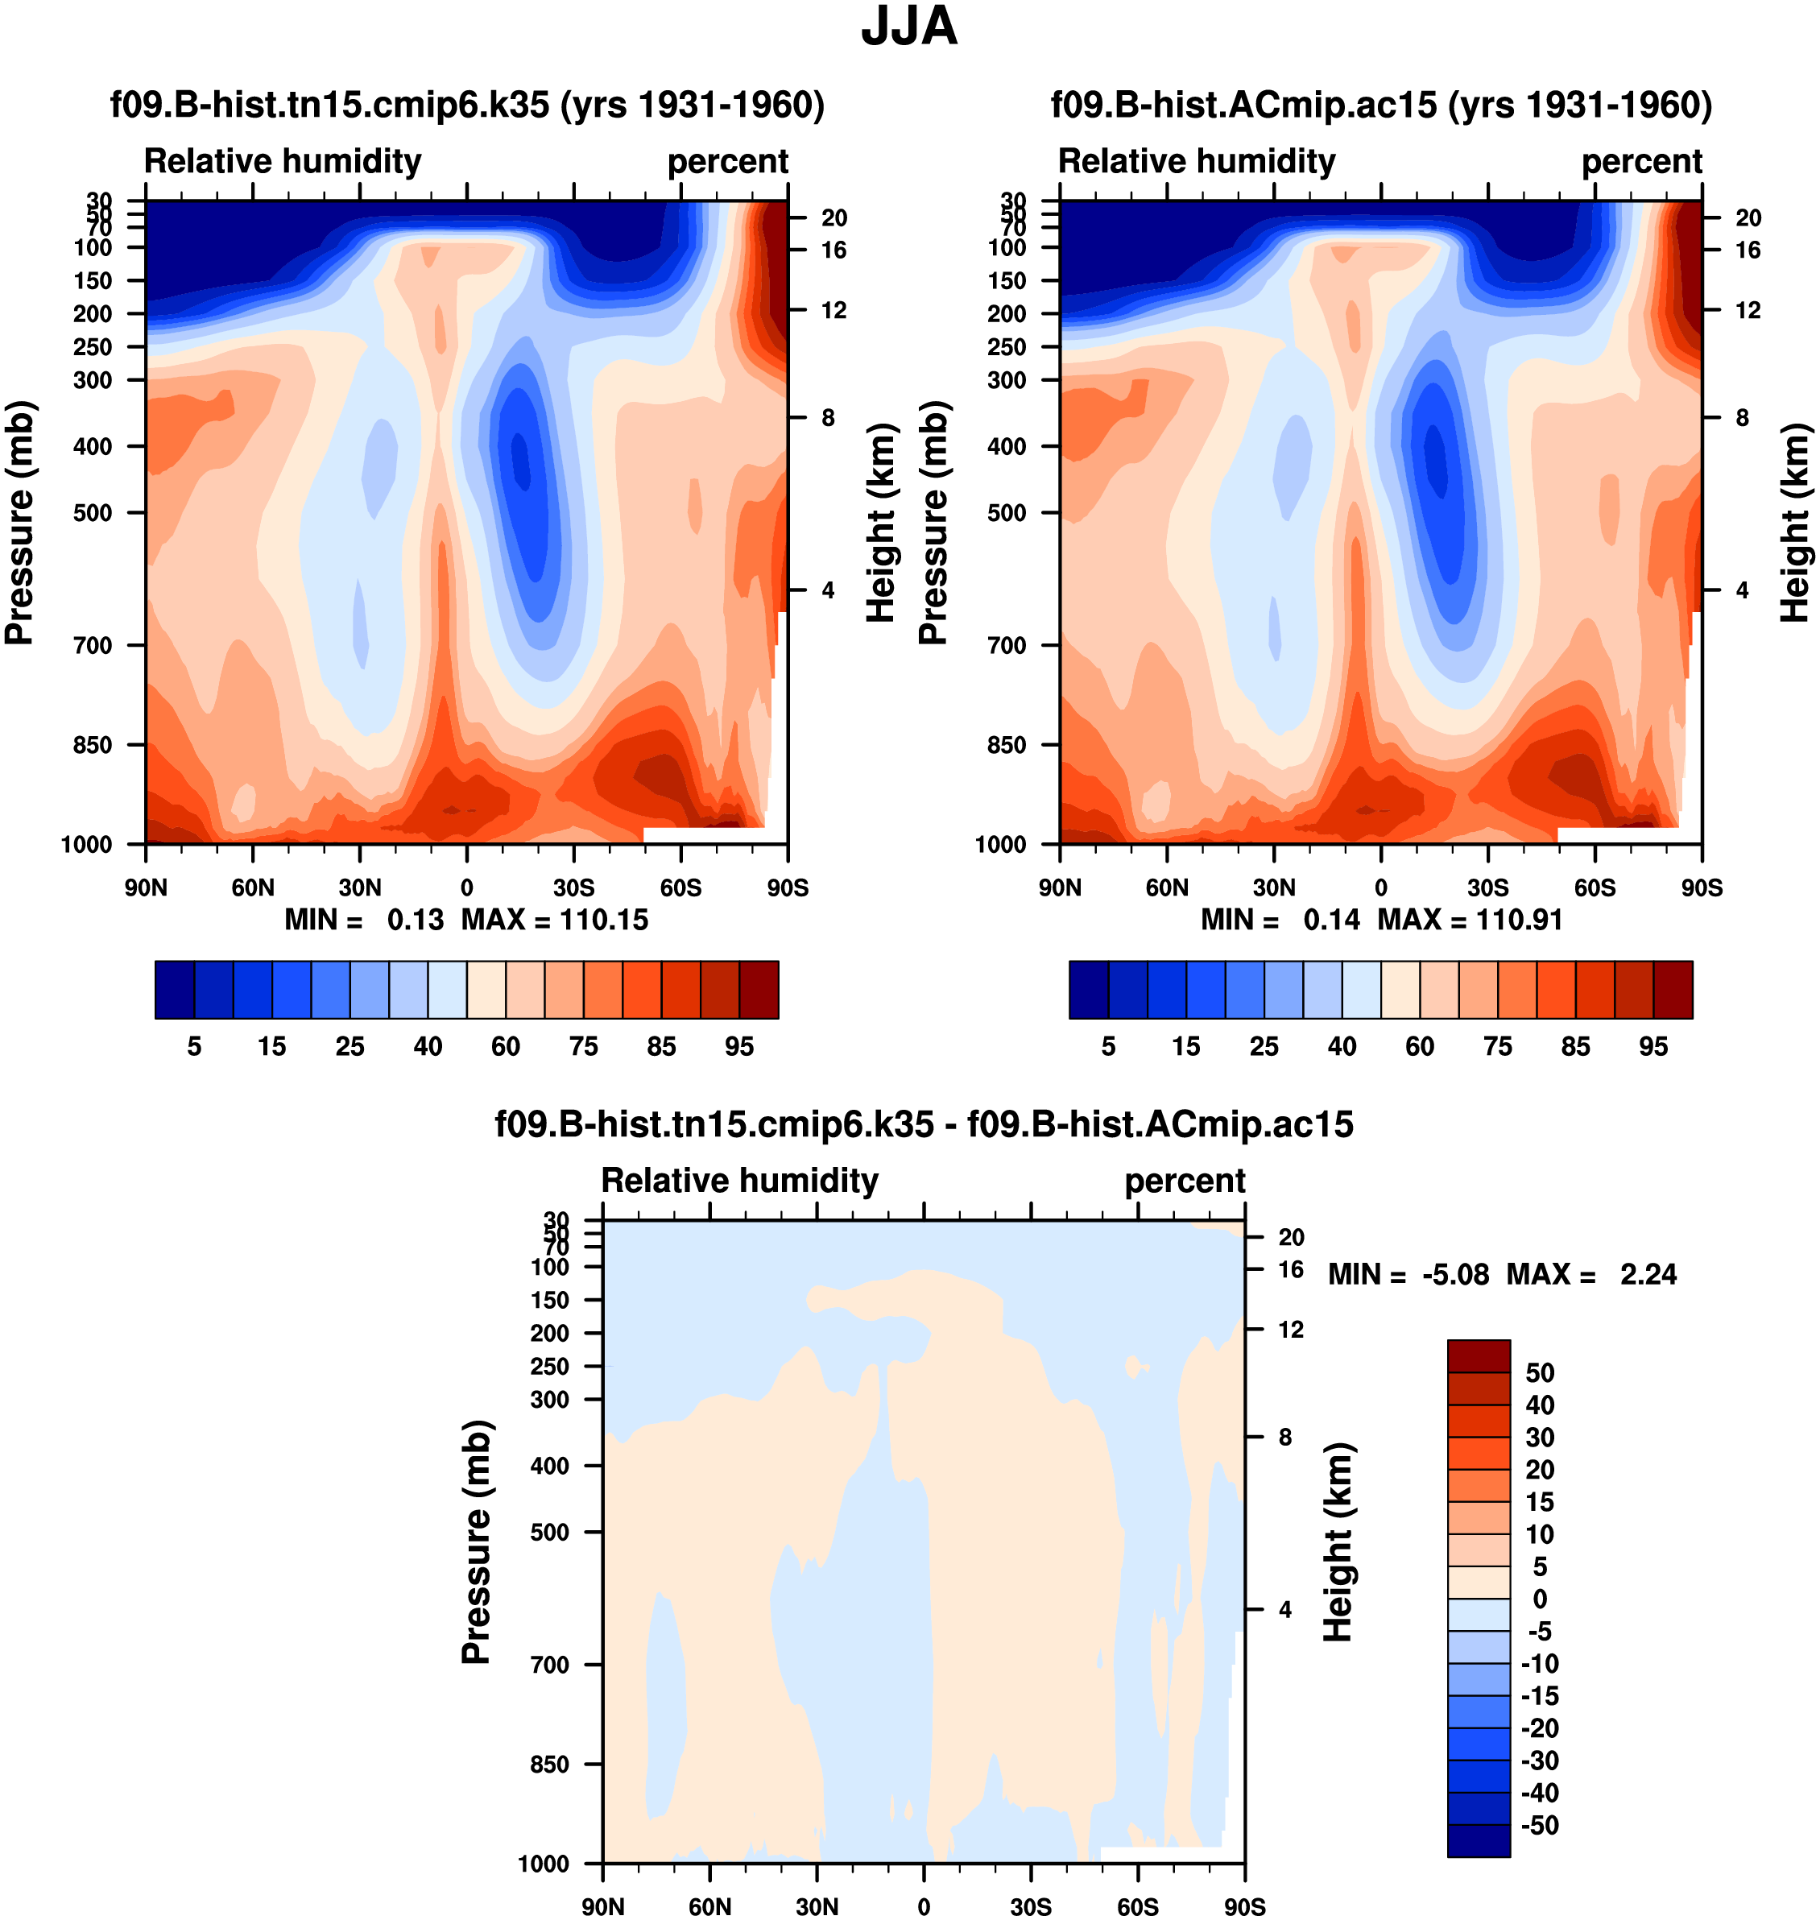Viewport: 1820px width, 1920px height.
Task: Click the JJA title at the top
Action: click(x=909, y=27)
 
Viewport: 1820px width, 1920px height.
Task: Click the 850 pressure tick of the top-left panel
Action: click(x=93, y=745)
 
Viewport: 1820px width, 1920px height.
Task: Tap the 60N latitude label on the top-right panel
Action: click(x=1166, y=888)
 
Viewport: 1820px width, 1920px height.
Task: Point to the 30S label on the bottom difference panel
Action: click(x=1030, y=1906)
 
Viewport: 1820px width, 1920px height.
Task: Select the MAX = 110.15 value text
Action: click(x=554, y=920)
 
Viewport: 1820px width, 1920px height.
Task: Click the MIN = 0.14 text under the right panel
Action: click(x=1280, y=920)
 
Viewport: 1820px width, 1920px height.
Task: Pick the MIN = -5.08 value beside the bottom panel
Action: click(x=1408, y=1274)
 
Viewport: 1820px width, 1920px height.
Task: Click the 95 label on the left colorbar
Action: click(x=739, y=1046)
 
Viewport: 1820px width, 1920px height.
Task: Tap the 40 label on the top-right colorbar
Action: click(x=1342, y=1046)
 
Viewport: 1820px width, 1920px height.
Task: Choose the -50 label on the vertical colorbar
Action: click(x=1540, y=1825)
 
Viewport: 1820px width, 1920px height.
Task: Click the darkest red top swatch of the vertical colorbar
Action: click(x=1479, y=1355)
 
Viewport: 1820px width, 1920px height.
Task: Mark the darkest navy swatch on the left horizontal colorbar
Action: click(x=175, y=990)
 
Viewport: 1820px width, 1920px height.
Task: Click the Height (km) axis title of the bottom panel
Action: click(x=1338, y=1542)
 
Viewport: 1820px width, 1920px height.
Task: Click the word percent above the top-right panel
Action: click(x=1641, y=161)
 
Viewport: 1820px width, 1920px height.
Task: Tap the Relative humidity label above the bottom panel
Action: click(x=739, y=1181)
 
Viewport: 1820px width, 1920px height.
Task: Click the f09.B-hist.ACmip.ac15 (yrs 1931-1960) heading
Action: click(x=1381, y=105)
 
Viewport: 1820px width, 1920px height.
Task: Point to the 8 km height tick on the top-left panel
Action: click(x=828, y=418)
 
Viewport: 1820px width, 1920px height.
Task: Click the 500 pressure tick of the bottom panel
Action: click(x=549, y=1532)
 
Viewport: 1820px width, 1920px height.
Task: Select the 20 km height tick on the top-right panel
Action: click(x=1748, y=218)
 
